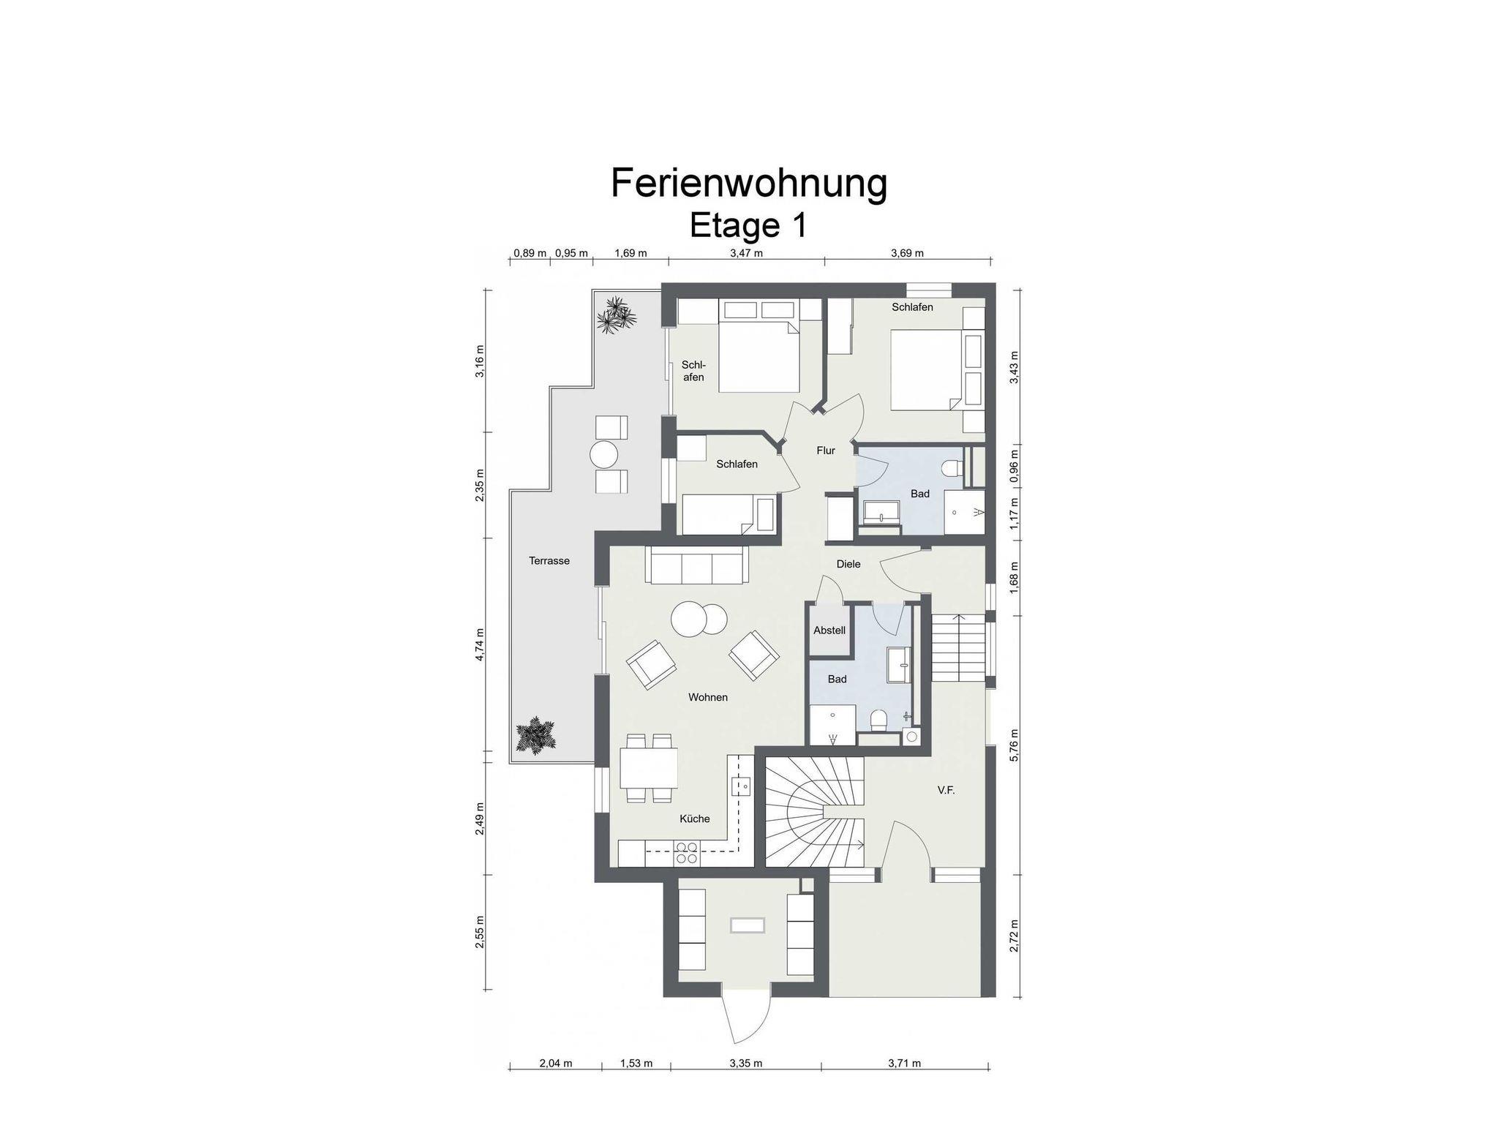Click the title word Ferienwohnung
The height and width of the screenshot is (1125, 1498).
(749, 184)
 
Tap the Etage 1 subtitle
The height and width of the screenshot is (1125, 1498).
(748, 225)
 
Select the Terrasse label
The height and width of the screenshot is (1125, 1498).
(549, 561)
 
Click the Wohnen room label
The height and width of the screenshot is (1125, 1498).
(708, 697)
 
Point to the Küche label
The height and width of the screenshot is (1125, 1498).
(695, 819)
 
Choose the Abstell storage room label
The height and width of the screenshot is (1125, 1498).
(829, 630)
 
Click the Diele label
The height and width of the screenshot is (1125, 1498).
(848, 564)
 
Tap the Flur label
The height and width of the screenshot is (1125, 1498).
(826, 451)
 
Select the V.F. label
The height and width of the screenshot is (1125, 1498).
(946, 790)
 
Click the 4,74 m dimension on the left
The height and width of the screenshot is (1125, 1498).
(480, 644)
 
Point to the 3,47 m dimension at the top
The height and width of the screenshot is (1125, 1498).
(747, 253)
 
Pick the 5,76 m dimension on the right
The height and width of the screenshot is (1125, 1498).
(1014, 745)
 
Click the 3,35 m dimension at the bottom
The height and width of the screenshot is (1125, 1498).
(746, 1063)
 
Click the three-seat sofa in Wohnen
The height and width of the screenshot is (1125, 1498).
(696, 565)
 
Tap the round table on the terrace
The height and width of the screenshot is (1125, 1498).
(605, 454)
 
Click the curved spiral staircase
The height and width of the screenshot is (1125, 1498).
(815, 812)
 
